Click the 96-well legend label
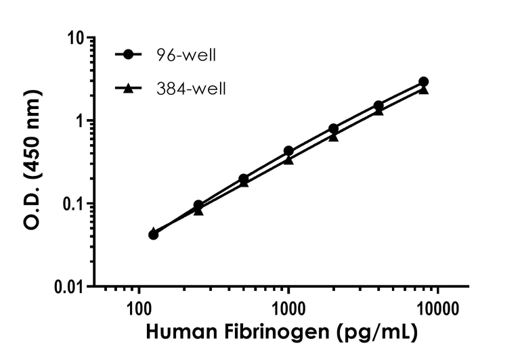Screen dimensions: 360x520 click(x=186, y=55)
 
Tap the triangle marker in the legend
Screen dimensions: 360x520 click(x=126, y=87)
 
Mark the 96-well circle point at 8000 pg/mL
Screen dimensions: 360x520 click(x=424, y=82)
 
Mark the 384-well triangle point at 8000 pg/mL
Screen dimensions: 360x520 click(x=424, y=89)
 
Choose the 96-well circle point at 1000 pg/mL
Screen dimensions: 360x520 click(x=288, y=151)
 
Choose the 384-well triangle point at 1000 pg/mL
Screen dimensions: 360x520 click(x=288, y=160)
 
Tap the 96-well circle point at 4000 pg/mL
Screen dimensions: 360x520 click(x=378, y=106)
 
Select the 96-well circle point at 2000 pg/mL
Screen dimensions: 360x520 click(x=333, y=129)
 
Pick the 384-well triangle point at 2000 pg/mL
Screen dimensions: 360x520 click(x=333, y=136)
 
